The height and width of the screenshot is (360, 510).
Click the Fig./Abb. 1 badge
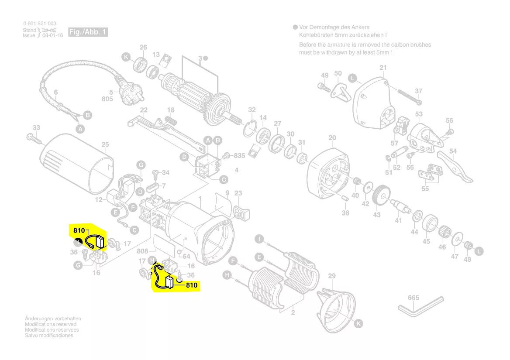pyautogui.click(x=88, y=32)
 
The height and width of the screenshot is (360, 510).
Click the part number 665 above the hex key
pyautogui.click(x=413, y=298)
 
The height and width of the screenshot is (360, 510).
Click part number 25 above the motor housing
pyautogui.click(x=105, y=144)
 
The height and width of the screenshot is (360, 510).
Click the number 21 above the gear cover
pyautogui.click(x=383, y=68)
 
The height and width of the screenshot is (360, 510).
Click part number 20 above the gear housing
pyautogui.click(x=332, y=138)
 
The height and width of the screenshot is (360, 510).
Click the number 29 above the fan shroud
pyautogui.click(x=332, y=276)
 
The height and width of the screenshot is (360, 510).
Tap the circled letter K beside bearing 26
pyautogui.click(x=126, y=57)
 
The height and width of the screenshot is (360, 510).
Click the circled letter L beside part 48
pyautogui.click(x=479, y=251)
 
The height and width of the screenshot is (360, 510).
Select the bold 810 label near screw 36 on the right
pyautogui.click(x=192, y=285)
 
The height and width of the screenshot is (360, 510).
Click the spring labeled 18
pyautogui.click(x=171, y=120)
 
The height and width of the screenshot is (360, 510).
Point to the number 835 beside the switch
pyautogui.click(x=239, y=156)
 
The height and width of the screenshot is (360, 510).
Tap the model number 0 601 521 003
pyautogui.click(x=39, y=23)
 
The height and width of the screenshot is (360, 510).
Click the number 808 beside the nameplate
pyautogui.click(x=143, y=251)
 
